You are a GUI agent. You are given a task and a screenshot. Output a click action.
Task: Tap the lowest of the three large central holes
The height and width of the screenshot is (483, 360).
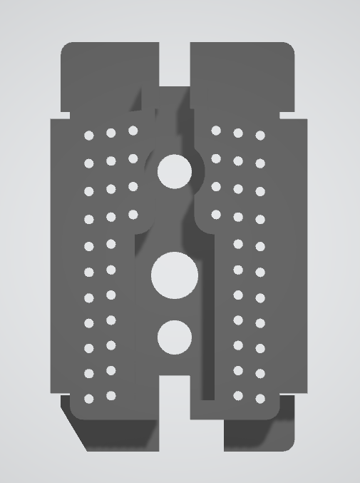tap(175, 337)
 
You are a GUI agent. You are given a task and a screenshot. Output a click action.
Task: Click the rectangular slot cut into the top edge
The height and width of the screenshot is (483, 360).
tap(174, 64)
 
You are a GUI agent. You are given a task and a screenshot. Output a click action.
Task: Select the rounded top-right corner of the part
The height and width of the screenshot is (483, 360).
tap(288, 48)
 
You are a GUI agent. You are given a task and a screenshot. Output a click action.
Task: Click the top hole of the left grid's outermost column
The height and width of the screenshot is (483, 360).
tap(89, 135)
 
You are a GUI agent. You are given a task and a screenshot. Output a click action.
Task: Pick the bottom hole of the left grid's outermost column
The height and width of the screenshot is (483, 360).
tap(89, 398)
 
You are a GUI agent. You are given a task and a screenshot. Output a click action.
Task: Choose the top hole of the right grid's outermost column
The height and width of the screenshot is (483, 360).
tap(260, 135)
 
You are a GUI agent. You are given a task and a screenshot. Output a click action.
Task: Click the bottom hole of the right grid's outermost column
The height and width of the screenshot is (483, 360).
tap(260, 398)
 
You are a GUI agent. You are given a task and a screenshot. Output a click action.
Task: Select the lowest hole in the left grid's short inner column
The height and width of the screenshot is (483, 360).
tap(133, 214)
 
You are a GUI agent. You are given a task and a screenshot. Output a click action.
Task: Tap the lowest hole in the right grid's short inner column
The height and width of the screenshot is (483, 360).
tap(216, 214)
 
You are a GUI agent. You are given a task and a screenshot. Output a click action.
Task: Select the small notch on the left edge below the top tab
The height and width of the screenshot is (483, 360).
tap(56, 116)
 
